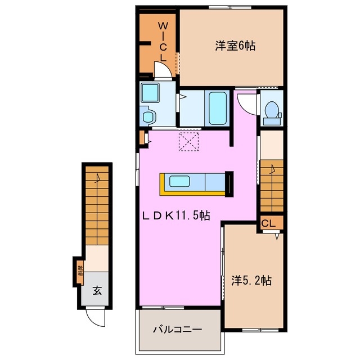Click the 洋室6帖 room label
[235, 46]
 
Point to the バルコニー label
[178, 330]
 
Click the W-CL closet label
[162, 40]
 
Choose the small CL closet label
[268, 223]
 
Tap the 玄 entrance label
[97, 291]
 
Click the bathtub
[217, 109]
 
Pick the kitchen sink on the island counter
[180, 182]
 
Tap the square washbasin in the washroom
[150, 92]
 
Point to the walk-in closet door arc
[163, 70]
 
